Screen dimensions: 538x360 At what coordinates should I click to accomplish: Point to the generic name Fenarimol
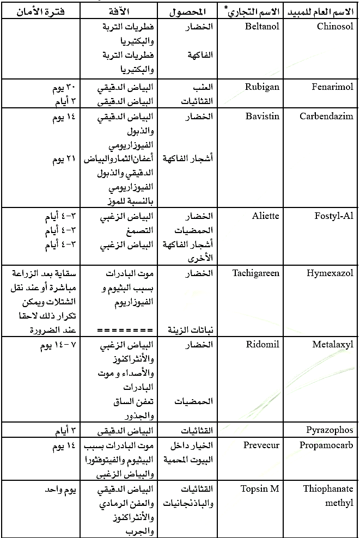click(332, 86)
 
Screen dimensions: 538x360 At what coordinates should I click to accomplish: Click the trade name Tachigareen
click(256, 273)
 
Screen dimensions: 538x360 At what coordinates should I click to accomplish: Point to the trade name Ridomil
click(263, 345)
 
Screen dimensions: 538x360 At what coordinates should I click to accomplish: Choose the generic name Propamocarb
click(326, 445)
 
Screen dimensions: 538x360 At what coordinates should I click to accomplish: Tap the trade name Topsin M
click(260, 488)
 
